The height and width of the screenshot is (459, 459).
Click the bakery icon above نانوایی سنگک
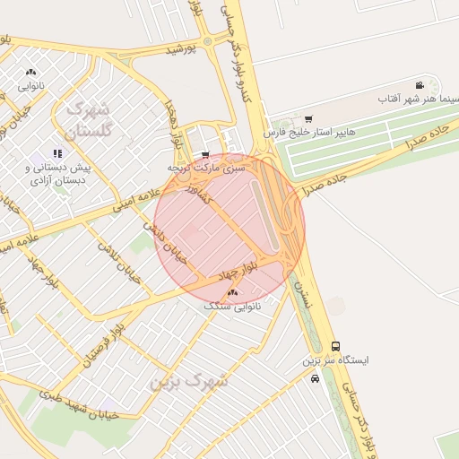click(233, 293)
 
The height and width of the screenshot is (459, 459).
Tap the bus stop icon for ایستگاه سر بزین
click(335, 346)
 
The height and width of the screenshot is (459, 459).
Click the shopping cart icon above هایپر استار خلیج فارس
click(309, 118)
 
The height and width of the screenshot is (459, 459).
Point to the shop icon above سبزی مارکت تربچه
click(205, 154)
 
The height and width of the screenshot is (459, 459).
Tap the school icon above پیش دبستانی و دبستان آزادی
click(57, 153)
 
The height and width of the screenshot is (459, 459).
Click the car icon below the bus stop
click(314, 378)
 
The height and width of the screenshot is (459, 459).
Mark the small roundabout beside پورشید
click(208, 41)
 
